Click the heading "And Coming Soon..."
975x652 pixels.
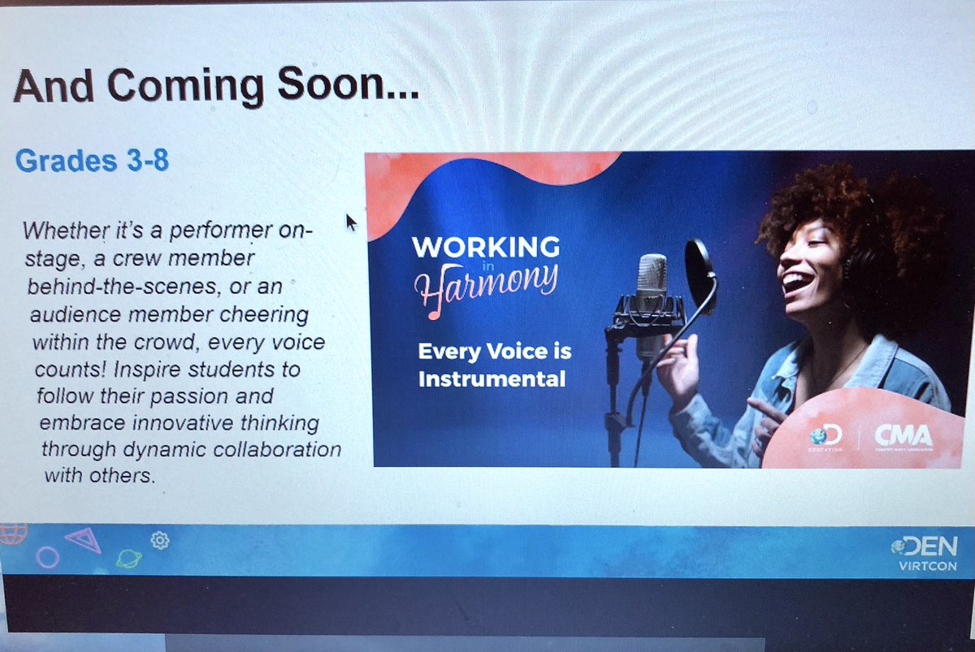click(216, 86)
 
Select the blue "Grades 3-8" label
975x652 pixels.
click(92, 161)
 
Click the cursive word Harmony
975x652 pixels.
click(487, 281)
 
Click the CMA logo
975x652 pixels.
click(903, 438)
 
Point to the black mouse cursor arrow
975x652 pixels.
click(351, 222)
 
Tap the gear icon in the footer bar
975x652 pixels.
click(160, 540)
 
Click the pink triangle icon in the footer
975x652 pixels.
click(84, 539)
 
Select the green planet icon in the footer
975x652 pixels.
click(128, 559)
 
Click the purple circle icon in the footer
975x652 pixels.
click(48, 557)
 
